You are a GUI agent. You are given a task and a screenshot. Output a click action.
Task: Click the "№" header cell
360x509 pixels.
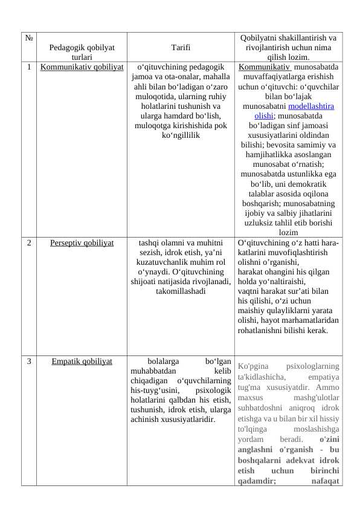[x=29, y=38]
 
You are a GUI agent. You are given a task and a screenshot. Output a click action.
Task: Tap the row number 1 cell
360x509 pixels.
[x=29, y=67]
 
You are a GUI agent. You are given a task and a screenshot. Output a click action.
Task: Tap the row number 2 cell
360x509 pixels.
[x=29, y=243]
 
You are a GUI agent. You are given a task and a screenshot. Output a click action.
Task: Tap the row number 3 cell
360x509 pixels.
[x=29, y=361]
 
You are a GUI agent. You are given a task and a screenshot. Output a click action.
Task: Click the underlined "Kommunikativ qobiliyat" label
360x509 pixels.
[x=82, y=67]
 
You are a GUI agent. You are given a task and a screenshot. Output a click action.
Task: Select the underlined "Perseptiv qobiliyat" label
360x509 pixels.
[x=82, y=243]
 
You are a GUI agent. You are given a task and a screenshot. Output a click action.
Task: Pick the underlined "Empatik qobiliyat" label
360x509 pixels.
[x=82, y=361]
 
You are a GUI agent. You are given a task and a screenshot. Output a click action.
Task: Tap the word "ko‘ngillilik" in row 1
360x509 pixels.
[x=181, y=135]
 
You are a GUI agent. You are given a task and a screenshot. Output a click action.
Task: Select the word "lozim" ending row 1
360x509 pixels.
[x=288, y=232]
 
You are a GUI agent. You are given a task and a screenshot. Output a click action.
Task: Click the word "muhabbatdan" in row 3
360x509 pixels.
[x=153, y=371]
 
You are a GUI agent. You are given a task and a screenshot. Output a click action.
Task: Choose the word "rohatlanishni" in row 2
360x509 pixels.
[x=263, y=331]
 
